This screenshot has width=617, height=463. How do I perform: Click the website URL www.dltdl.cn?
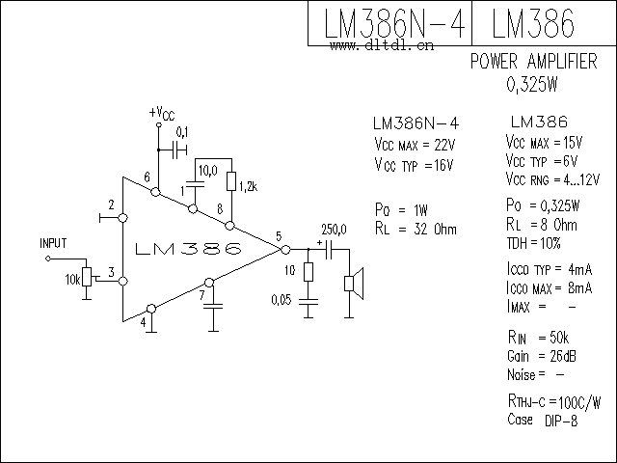pyautogui.click(x=381, y=43)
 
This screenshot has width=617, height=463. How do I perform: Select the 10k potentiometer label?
pyautogui.click(x=72, y=279)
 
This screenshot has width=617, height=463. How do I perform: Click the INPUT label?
pyautogui.click(x=54, y=243)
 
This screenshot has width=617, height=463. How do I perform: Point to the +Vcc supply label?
pyautogui.click(x=162, y=113)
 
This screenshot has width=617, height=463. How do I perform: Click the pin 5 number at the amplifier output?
pyautogui.click(x=278, y=236)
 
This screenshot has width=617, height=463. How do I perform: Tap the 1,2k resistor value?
pyautogui.click(x=248, y=185)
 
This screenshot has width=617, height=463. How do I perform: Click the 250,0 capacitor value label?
pyautogui.click(x=334, y=228)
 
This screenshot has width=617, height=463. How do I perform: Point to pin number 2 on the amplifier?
pyautogui.click(x=112, y=205)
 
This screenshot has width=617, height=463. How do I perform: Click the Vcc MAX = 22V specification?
pyautogui.click(x=413, y=145)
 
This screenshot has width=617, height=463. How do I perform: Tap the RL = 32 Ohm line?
pyautogui.click(x=416, y=229)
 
